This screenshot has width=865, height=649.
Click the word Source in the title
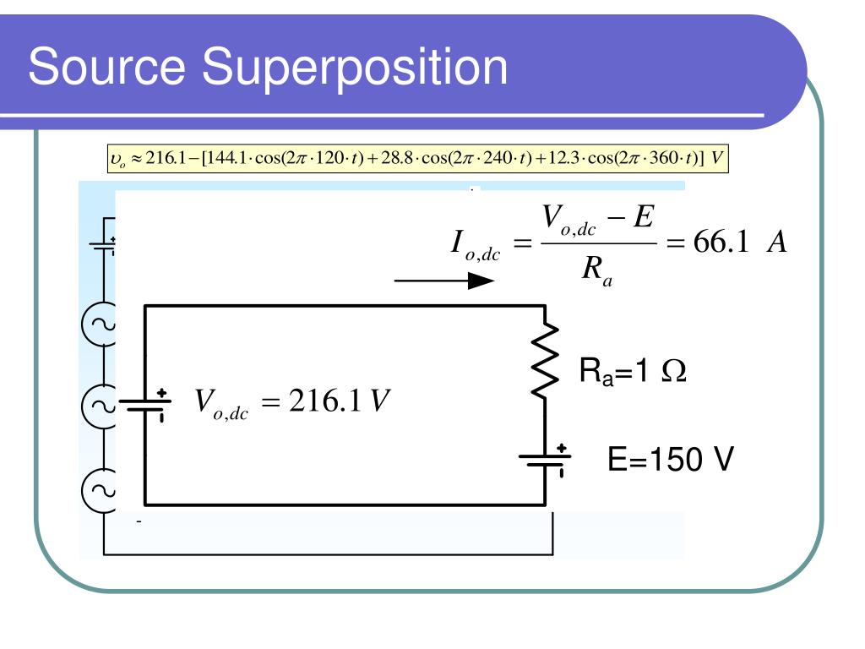point(107,66)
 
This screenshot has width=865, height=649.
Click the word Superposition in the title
point(355,68)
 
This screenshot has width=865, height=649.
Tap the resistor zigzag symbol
point(545,360)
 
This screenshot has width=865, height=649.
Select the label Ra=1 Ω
point(633,370)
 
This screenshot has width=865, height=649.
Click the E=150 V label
point(670,459)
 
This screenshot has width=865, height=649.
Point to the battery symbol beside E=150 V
point(545,461)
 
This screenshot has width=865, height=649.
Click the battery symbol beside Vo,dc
point(145,405)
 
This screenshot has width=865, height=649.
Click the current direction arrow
point(444,281)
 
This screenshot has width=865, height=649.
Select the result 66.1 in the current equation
point(721,242)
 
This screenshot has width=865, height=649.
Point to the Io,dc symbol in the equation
point(475,245)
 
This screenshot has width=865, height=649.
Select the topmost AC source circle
point(99,324)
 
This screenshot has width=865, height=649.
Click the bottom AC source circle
point(99,490)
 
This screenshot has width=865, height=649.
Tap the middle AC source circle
point(99,406)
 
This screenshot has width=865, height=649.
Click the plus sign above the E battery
point(561,448)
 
